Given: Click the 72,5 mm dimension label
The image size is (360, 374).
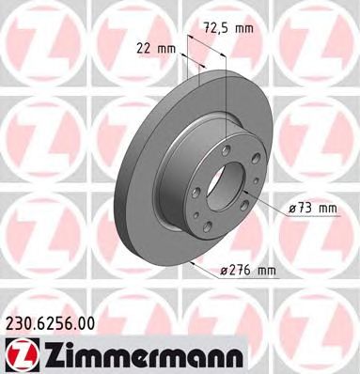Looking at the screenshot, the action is [x=228, y=29].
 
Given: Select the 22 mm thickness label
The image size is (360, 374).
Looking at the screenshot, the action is [x=156, y=49].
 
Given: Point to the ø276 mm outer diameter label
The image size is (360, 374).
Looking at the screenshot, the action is [x=247, y=270].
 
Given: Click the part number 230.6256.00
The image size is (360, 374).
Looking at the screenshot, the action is [x=50, y=323].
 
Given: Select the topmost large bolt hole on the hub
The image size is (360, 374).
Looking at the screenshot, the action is [x=226, y=150].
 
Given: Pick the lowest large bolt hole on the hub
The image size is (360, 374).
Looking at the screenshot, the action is [x=207, y=226].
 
